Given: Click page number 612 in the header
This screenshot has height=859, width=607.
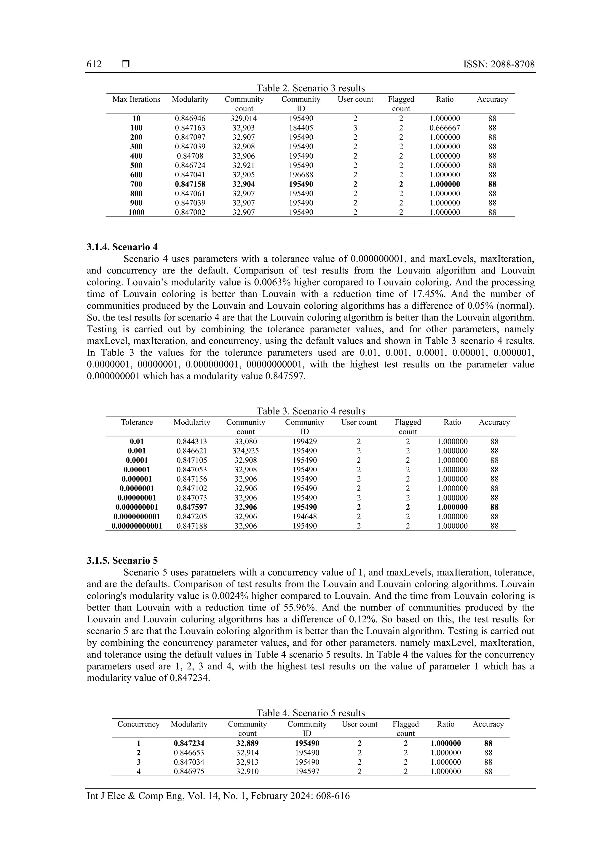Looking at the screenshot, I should click(94, 64).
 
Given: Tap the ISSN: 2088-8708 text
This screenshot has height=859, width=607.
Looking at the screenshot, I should click(499, 64).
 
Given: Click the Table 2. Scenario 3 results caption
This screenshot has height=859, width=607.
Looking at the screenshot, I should click(310, 88).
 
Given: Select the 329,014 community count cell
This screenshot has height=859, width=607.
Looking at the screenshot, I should click(244, 119).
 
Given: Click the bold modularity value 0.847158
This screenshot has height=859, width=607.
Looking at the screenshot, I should click(190, 184).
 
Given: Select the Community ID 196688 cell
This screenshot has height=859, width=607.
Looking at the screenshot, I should click(301, 175).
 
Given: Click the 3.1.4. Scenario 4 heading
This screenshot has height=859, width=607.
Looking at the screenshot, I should click(122, 247).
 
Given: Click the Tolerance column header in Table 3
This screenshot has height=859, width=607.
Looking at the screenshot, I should click(137, 423).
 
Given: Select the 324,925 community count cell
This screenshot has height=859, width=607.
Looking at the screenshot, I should click(245, 451).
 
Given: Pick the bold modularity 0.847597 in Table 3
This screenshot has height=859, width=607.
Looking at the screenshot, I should click(191, 507).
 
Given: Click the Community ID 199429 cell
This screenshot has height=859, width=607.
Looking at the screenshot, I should click(304, 442).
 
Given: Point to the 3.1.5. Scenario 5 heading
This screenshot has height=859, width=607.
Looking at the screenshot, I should click(122, 560).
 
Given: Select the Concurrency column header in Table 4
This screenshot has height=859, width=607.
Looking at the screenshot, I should click(138, 724).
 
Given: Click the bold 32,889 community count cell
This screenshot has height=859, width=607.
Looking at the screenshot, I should click(247, 743).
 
